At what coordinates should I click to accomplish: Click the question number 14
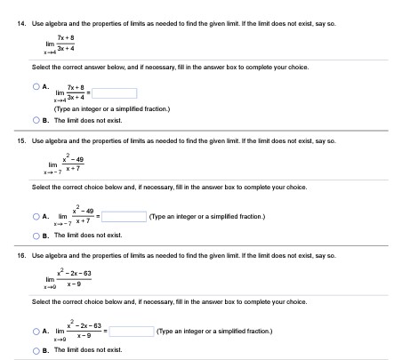click(12, 6)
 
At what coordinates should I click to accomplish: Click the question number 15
click(12, 140)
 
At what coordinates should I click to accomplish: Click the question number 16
click(12, 254)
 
